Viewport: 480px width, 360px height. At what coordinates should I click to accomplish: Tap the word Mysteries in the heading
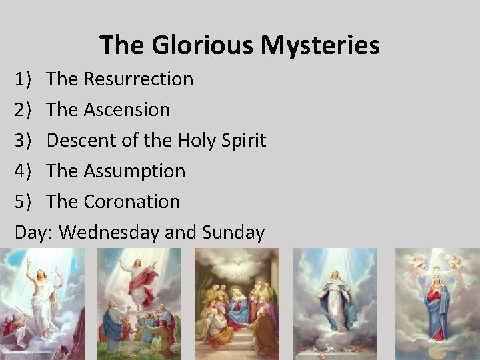tap(321, 45)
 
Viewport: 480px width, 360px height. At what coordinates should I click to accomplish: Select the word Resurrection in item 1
tap(138, 79)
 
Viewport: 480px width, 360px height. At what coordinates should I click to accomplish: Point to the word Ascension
tap(127, 109)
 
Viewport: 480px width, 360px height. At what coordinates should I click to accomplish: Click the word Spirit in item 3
tap(241, 140)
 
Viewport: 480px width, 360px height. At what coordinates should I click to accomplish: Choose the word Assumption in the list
tap(134, 171)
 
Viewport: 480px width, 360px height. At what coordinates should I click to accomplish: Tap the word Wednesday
tap(110, 232)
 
